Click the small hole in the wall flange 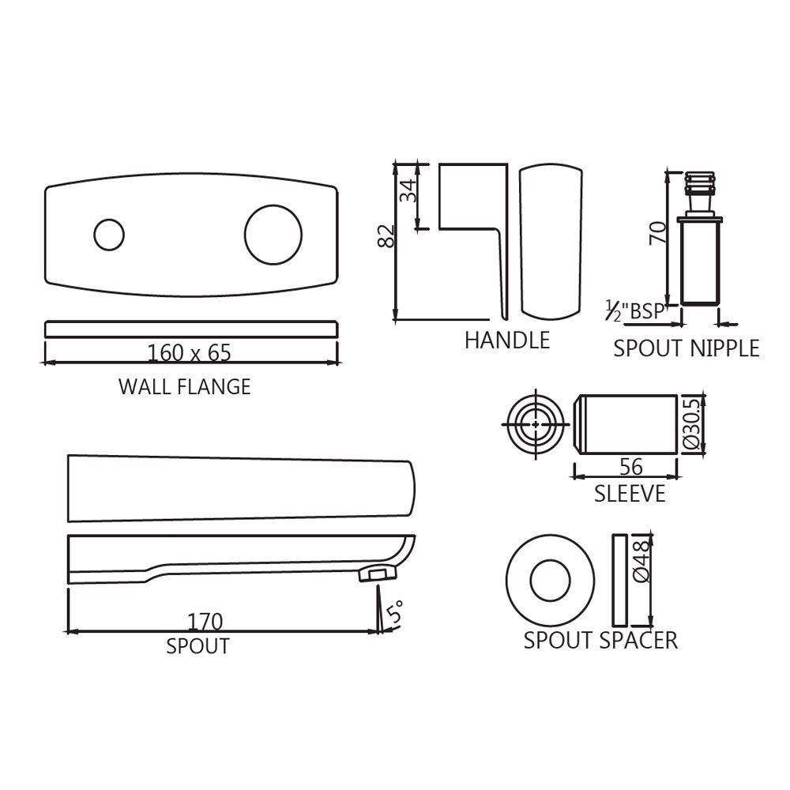pyautogui.click(x=109, y=235)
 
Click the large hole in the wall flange pyautogui.click(x=273, y=235)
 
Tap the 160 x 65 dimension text pyautogui.click(x=190, y=352)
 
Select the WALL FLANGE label pyautogui.click(x=184, y=386)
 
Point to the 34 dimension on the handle pyautogui.click(x=408, y=190)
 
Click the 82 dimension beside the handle pyautogui.click(x=386, y=235)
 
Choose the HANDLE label pyautogui.click(x=507, y=340)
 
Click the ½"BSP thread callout pyautogui.click(x=635, y=310)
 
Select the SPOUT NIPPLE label pyautogui.click(x=687, y=348)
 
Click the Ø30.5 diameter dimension pyautogui.click(x=691, y=423)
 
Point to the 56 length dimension pyautogui.click(x=630, y=467)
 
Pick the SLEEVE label pyautogui.click(x=630, y=493)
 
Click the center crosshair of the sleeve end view pyautogui.click(x=536, y=424)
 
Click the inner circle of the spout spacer pyautogui.click(x=550, y=580)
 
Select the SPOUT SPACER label pyautogui.click(x=600, y=641)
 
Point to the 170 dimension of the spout pyautogui.click(x=205, y=622)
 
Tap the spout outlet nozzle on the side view pyautogui.click(x=378, y=574)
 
